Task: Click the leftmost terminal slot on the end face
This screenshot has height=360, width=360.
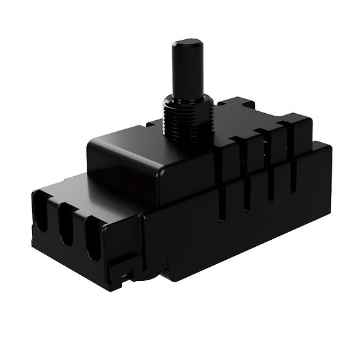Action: pyautogui.click(x=40, y=217)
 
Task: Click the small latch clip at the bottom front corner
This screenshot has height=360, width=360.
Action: pyautogui.click(x=129, y=269)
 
